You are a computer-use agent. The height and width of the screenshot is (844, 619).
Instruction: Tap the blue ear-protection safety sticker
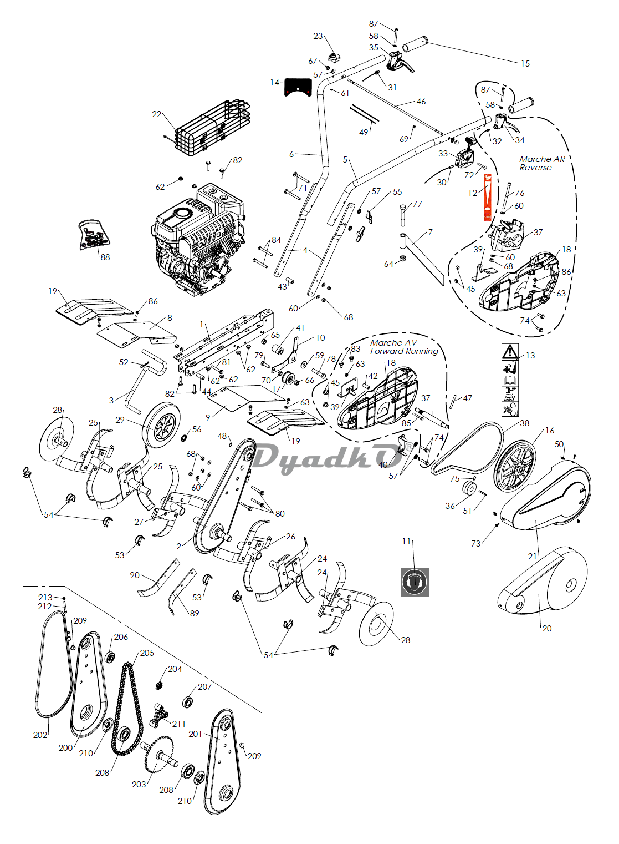tap(415, 582)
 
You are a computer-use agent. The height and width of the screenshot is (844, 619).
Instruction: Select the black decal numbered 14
tap(298, 87)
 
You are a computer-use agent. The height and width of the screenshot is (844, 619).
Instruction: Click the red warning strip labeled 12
tap(487, 197)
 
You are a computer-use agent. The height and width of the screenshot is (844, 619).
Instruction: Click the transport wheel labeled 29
tap(162, 426)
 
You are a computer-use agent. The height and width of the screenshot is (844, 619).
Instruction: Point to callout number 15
tap(525, 64)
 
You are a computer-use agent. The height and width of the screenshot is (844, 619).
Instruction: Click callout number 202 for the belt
tap(40, 735)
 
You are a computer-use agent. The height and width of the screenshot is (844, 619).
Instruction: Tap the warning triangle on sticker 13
tap(510, 352)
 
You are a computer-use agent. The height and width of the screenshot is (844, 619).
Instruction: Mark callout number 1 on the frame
tap(202, 325)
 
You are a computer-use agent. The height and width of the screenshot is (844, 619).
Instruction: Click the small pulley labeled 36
tap(469, 489)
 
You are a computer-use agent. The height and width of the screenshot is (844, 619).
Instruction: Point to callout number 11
tap(406, 541)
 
